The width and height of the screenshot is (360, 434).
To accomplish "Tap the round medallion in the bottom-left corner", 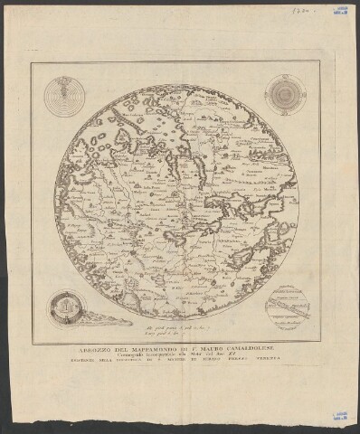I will pyautogui.click(x=65, y=310).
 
